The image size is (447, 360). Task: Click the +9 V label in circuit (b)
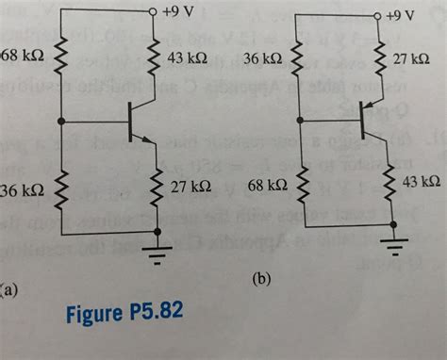[400, 16]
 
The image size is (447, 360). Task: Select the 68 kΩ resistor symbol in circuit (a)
[62, 60]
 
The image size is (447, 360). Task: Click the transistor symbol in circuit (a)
[139, 123]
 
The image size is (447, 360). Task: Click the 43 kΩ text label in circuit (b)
[422, 180]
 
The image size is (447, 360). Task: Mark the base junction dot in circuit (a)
[62, 123]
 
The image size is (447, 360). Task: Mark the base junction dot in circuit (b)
[299, 120]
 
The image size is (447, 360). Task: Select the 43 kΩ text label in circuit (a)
[187, 58]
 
